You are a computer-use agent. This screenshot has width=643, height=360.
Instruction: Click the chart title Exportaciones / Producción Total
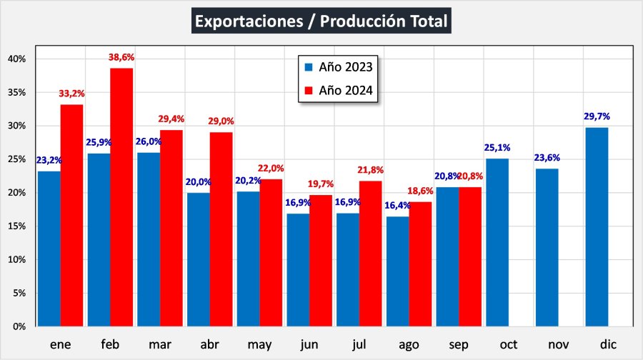coord(321,21)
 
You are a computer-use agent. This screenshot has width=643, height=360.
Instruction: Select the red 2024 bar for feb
coord(121,196)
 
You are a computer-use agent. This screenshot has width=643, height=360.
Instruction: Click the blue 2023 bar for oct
coord(497,242)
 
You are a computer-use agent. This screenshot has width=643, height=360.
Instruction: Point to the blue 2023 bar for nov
coord(547,247)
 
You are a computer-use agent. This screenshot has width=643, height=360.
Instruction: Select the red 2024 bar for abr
coord(221,229)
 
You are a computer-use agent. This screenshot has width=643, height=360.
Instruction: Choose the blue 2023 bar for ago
coord(398,271)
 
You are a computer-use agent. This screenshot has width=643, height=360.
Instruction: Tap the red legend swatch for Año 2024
coord(309,91)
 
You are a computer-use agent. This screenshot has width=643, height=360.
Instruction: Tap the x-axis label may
coord(259,345)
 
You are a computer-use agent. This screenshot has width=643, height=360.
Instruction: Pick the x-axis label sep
coord(459,345)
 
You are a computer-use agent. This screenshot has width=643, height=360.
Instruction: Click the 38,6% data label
coord(121,57)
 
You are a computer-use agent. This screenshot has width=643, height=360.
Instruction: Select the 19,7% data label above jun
coord(321,184)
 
